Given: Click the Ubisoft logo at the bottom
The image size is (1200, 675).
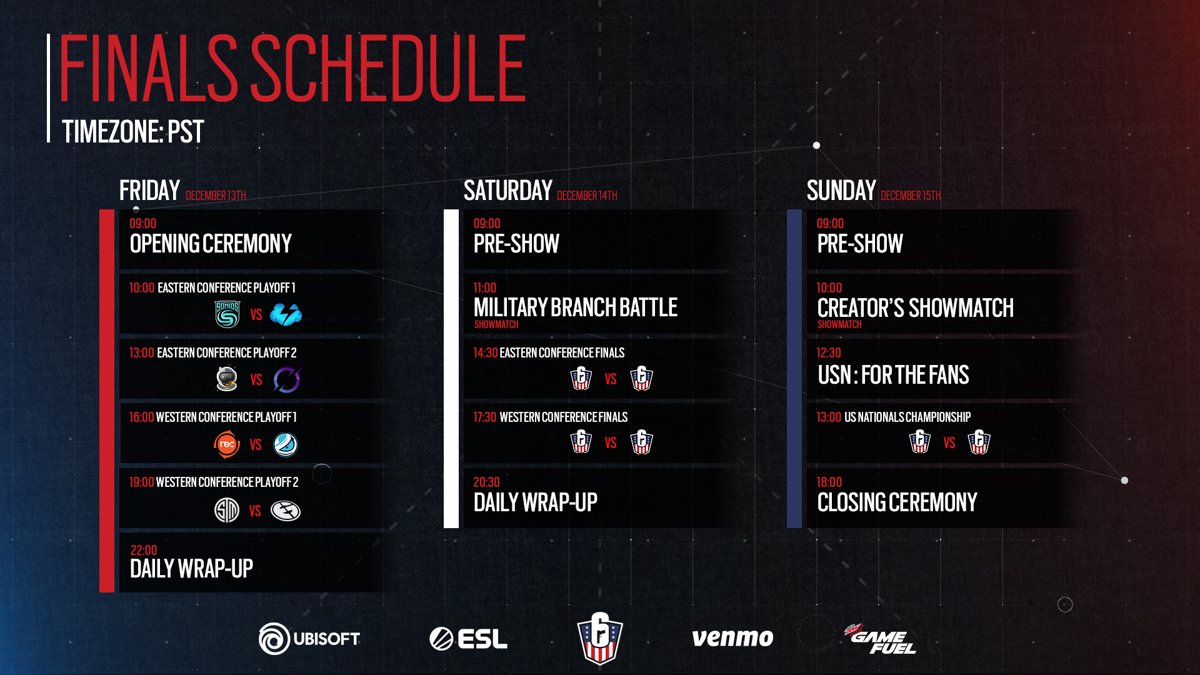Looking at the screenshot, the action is tap(309, 638).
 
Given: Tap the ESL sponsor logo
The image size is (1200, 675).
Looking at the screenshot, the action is tap(468, 639).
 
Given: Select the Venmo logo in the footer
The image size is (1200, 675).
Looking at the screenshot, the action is tap(732, 638).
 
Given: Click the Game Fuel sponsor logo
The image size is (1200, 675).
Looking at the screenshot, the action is tap(880, 639).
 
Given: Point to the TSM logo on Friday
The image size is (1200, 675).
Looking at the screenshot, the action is tap(227, 510).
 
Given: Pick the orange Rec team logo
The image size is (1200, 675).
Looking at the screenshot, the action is tap(227, 444).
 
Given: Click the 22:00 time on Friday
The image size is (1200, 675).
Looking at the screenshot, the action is tap(144, 550).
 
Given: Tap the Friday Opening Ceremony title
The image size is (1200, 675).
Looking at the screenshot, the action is tap(211, 244).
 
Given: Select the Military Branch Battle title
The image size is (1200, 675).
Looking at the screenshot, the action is tap(576, 307).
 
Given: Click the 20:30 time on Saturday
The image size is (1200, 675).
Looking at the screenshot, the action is tap(487, 482).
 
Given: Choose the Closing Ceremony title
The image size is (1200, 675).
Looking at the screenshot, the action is tap(897, 502).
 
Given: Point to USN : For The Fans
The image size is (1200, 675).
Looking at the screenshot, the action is tap(894, 375).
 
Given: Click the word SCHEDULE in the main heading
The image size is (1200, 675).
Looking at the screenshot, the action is tap(387, 68).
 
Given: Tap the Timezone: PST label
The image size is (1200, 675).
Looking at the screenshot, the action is tap(133, 132).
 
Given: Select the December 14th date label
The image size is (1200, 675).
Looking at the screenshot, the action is tap(587, 196).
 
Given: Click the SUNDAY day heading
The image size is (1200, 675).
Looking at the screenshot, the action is tap(841, 191).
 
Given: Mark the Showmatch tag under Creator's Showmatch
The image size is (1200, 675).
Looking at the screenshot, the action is tap(839, 324).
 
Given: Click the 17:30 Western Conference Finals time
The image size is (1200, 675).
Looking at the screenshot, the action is tap(485, 417).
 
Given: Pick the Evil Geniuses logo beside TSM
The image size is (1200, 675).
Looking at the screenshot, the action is tap(286, 511).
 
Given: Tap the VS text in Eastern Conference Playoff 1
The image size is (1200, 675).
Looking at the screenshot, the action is tap(256, 314).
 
